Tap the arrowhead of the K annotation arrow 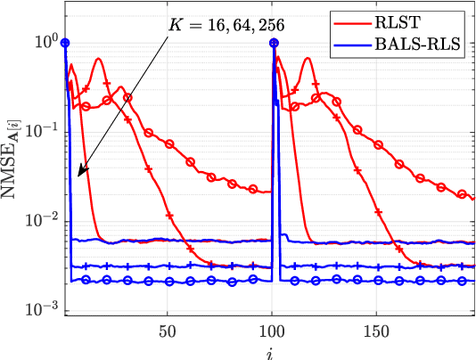pos(78,175)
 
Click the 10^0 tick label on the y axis pos(44,42)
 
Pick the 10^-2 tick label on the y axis pos(40,220)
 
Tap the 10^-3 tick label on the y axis pos(40,308)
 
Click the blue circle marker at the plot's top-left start pos(65,42)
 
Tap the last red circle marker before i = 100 pos(253,189)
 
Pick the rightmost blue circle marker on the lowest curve pos(462,281)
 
